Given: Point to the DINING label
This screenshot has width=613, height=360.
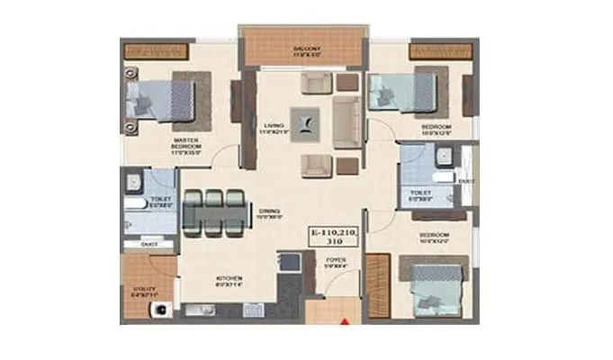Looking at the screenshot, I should (x=270, y=213).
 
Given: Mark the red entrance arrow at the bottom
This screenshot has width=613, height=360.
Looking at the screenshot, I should (x=342, y=318).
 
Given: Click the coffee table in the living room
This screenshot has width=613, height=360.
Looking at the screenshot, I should (x=303, y=120).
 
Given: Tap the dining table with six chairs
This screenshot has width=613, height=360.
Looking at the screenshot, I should (x=214, y=212).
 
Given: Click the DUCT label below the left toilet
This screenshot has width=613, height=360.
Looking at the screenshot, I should (x=149, y=244).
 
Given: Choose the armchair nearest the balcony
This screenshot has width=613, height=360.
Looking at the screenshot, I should (x=317, y=83).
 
